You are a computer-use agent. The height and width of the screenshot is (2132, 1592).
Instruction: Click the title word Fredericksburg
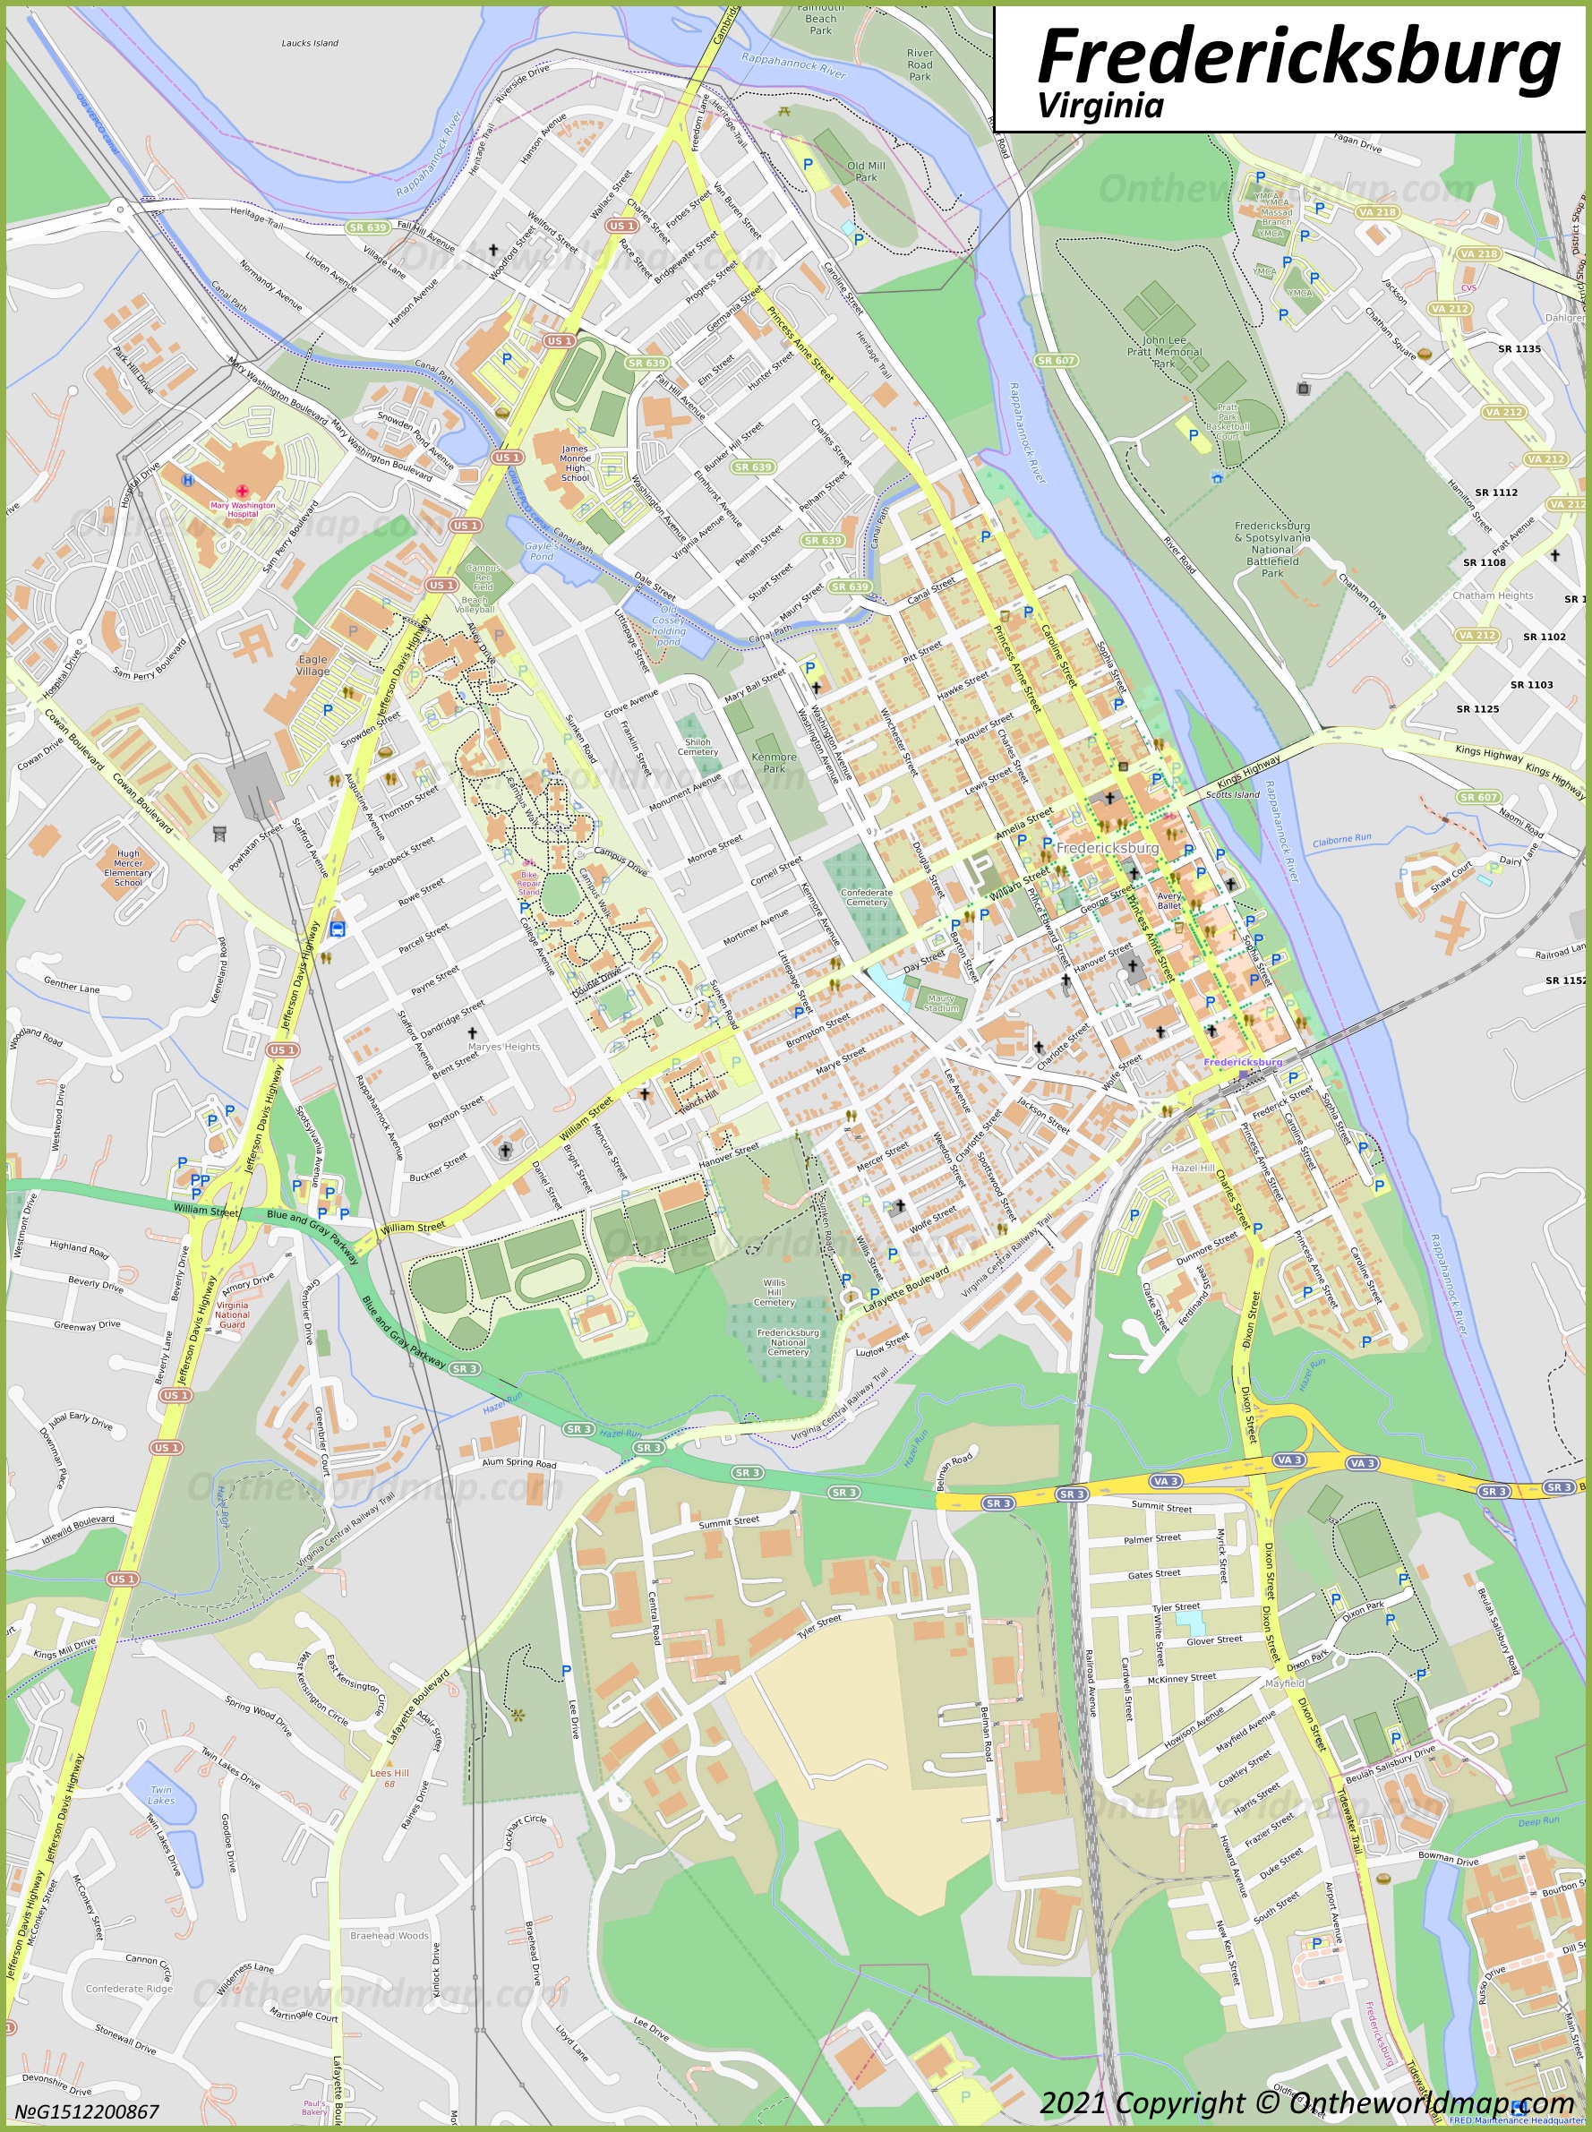coord(1297,56)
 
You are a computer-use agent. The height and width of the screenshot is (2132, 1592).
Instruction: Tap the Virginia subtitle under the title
coord(1100,105)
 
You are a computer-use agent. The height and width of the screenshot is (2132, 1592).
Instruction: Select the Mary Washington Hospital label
coord(242,509)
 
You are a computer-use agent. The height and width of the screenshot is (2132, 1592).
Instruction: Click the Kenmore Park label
coord(774,762)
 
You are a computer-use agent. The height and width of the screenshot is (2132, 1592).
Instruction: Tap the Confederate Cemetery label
coord(867,896)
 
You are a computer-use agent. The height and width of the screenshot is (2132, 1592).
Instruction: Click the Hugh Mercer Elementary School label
coord(128,868)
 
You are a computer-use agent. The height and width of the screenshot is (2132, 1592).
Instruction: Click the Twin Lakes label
coord(161,1794)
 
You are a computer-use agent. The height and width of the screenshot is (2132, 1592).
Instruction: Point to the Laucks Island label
coord(309,43)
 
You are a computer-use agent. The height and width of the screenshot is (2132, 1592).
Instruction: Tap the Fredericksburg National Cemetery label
coord(787,1342)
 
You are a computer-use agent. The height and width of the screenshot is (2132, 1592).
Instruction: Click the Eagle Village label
coord(312,665)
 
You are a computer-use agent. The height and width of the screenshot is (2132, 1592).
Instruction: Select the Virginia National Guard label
coord(231,1314)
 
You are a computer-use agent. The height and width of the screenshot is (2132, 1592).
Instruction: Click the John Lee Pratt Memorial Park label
coord(1164,352)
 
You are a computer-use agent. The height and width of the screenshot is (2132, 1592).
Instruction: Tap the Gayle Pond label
coord(541,551)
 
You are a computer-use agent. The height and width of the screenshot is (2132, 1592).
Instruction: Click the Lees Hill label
coord(389,1773)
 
